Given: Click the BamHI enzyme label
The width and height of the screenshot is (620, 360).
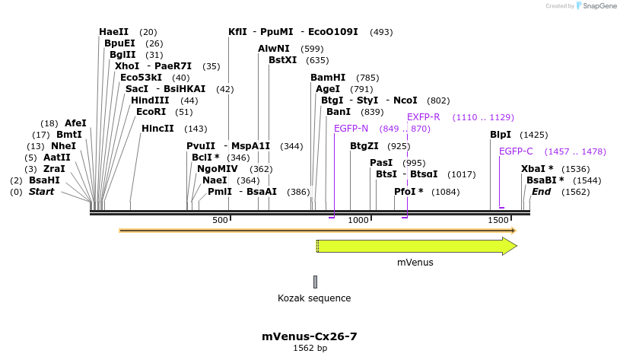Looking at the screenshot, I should [x=328, y=78].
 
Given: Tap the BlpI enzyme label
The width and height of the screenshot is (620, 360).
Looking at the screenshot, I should [x=500, y=135].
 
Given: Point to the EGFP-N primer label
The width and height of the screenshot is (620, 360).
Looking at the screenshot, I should [x=351, y=128].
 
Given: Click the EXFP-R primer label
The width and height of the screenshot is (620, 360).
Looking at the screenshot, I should [x=424, y=117].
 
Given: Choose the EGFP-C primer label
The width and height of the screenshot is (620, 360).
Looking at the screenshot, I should [x=516, y=151].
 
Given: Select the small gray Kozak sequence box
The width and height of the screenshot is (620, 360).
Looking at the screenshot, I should [x=315, y=282].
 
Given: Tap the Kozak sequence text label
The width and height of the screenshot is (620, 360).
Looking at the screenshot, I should [x=314, y=298].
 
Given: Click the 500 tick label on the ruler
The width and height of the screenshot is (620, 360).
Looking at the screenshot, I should [x=220, y=220].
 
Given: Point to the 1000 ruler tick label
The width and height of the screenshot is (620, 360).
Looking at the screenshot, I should [x=358, y=220].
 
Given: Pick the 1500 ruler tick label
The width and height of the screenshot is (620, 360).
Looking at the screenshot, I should [x=498, y=220].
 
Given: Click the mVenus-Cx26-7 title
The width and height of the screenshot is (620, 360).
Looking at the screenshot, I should [x=310, y=336].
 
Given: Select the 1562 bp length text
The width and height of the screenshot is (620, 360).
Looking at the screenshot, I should [x=310, y=348].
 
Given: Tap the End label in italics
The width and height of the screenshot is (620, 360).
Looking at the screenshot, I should [x=541, y=192].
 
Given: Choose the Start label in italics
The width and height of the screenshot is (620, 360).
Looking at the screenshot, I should [x=41, y=192].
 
